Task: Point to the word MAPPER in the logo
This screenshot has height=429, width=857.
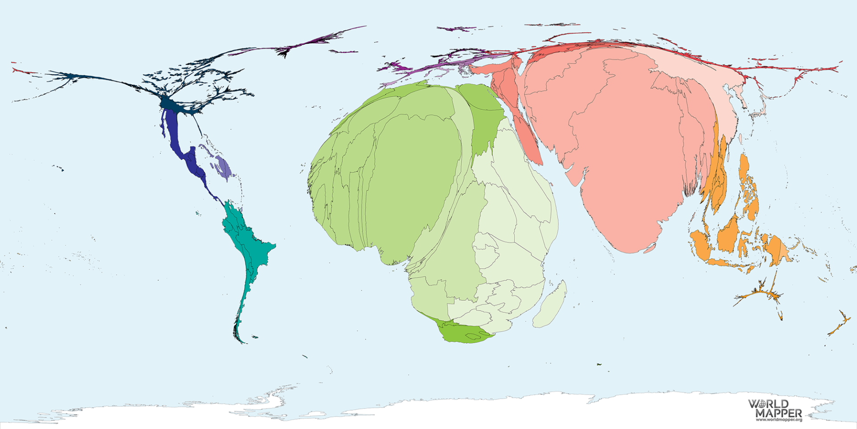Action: tap(778, 412)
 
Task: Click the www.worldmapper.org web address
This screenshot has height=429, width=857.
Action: tap(778, 420)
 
